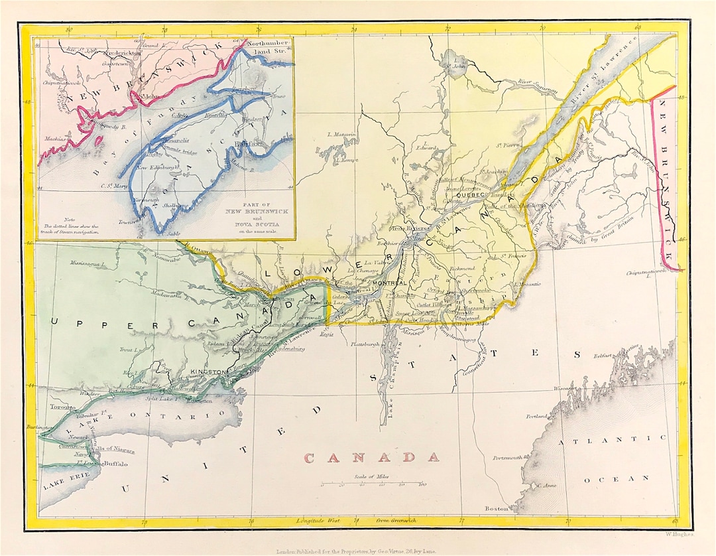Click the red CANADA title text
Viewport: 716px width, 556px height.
(371, 457)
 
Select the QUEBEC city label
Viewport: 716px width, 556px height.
(471, 196)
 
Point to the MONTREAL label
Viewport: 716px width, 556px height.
(389, 283)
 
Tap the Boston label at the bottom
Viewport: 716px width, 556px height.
(497, 509)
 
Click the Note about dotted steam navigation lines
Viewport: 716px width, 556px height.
(70, 226)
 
